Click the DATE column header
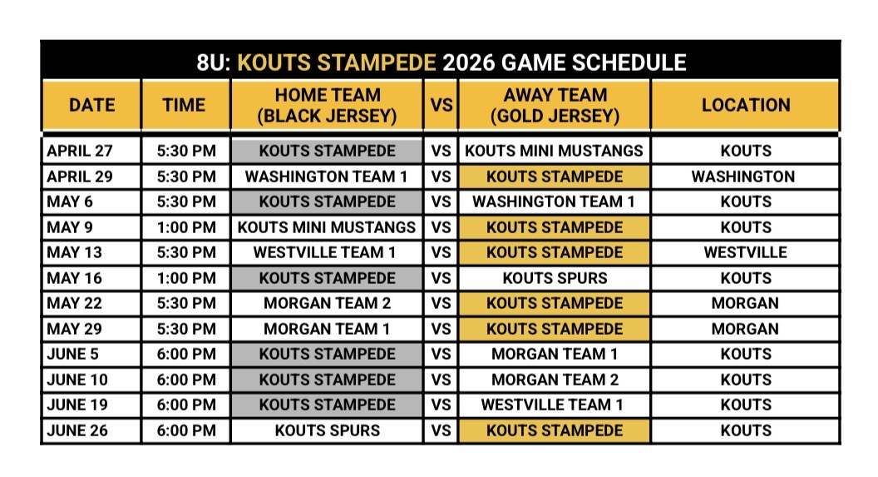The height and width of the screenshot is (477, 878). tap(91, 105)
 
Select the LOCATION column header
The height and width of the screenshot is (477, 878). tap(746, 105)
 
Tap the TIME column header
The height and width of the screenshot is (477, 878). tap(185, 105)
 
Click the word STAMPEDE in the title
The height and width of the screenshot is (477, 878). tap(377, 62)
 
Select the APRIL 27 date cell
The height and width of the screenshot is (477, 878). tap(80, 151)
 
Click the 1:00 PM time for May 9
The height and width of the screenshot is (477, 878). tap(186, 227)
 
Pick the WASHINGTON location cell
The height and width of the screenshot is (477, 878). tap(743, 176)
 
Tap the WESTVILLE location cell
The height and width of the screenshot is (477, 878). tap(745, 252)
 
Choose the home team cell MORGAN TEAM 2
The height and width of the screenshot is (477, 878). tap(328, 303)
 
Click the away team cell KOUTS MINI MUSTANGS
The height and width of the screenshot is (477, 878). tap(554, 151)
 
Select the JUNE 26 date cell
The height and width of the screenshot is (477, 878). tap(77, 430)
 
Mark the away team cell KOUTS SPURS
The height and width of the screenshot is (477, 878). tap(555, 278)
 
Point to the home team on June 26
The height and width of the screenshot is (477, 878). tap(328, 430)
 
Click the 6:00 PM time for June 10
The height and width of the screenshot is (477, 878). tap(186, 380)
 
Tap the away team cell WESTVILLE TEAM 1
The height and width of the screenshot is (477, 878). tap(552, 405)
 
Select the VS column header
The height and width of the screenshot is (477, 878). tap(441, 105)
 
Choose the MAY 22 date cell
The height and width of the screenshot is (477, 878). tap(75, 303)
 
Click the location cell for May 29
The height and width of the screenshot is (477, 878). tap(745, 329)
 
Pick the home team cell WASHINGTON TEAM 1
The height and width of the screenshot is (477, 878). tap(326, 176)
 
